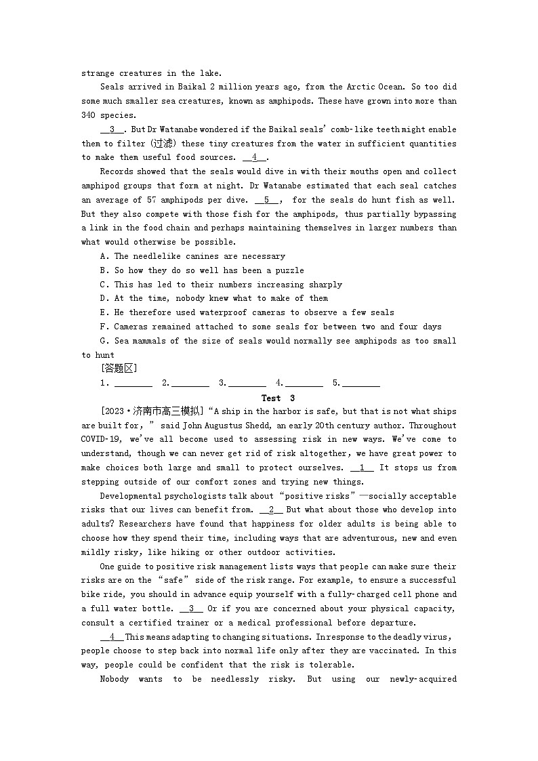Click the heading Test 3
pyautogui.click(x=278, y=398)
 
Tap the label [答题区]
pyautogui.click(x=119, y=369)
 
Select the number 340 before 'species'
pyautogui.click(x=89, y=115)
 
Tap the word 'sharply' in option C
pyautogui.click(x=325, y=285)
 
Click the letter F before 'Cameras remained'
pyautogui.click(x=102, y=327)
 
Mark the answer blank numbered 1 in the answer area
pyautogui.click(x=133, y=384)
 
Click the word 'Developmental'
pyautogui.click(x=131, y=496)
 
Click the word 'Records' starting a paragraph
pyautogui.click(x=117, y=171)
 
